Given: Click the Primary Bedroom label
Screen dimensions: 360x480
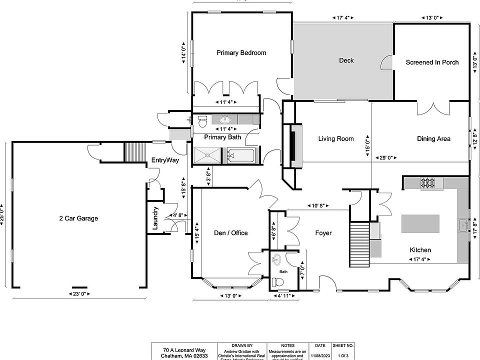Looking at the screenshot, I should pos(241,52).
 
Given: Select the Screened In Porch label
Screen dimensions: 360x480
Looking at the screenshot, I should pos(432,62).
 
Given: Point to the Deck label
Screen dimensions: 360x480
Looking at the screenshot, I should pos(346,60).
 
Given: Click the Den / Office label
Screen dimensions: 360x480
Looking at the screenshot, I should pos(230,232).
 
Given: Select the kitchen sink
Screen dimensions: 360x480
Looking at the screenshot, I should pos(463,225).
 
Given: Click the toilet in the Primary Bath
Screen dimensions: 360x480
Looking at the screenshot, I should pos(202,120).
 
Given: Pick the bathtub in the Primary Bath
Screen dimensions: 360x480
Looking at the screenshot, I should pos(242,156).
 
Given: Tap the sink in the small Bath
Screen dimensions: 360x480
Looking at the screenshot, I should pos(277,259).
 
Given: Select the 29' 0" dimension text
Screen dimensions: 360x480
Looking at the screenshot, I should pos(386,157).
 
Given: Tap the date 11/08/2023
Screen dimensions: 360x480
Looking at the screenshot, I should pos(320,355).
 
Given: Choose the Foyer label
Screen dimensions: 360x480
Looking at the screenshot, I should pos(323,232).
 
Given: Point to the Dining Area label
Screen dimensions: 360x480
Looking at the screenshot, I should pos(433,138).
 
